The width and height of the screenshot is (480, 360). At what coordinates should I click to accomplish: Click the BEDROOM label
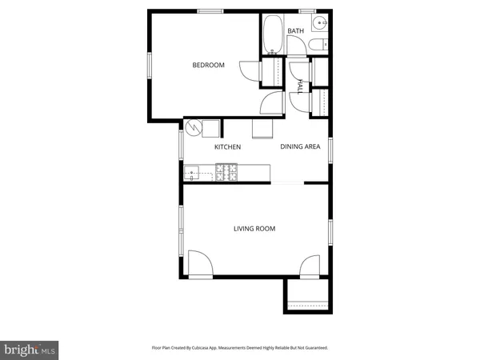[x=208, y=66]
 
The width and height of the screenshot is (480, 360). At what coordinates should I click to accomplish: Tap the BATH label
[x=296, y=32]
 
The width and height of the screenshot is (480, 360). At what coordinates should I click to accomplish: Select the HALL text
[x=300, y=86]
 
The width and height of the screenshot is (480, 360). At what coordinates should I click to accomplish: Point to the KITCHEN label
[x=227, y=147]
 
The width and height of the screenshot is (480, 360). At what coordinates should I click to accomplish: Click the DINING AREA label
[x=300, y=147]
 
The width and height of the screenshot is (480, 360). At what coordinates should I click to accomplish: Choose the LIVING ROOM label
[x=254, y=229]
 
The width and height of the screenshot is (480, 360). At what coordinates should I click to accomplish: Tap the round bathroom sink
[x=319, y=22]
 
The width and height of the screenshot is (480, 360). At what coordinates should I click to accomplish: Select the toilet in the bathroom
[x=318, y=45]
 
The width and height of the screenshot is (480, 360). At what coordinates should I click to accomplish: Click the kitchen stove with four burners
[x=226, y=170]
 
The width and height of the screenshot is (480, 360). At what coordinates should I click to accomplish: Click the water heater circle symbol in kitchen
[x=193, y=126]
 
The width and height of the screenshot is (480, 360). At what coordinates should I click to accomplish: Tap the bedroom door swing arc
[x=251, y=70]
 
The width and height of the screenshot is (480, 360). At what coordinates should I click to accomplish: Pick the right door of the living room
[x=311, y=266]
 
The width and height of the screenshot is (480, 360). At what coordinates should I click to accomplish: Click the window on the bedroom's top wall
[x=210, y=10]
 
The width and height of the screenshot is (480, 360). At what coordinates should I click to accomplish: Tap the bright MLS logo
[x=30, y=349]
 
